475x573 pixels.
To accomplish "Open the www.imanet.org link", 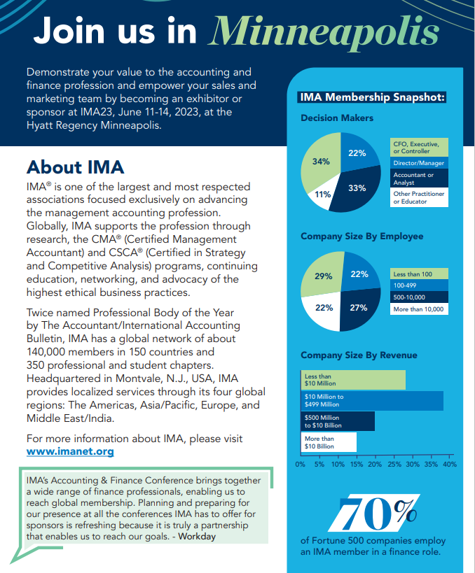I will (69, 451).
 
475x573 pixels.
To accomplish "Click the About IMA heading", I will (75, 167).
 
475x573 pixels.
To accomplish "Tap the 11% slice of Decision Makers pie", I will (323, 194).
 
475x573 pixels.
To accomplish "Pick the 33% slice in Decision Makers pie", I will (357, 188).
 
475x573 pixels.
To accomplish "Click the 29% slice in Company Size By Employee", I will (323, 276).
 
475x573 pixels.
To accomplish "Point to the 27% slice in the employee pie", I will (358, 307).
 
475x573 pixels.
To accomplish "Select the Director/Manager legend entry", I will (418, 163).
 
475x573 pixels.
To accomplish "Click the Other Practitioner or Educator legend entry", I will (418, 197).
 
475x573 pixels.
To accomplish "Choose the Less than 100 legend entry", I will (418, 274).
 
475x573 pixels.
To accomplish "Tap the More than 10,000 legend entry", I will (418, 309).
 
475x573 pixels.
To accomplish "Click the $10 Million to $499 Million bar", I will (372, 400).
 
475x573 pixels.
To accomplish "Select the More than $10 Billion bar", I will (329, 442).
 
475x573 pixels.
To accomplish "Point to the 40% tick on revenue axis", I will (450, 464).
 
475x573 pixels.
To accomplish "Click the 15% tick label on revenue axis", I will (356, 464).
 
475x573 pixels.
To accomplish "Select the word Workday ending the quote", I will (198, 536).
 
